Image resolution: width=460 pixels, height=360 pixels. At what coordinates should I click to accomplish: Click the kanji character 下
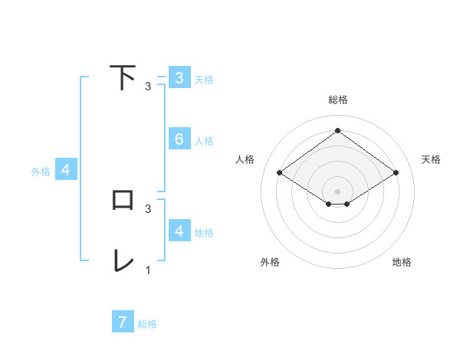(x=123, y=77)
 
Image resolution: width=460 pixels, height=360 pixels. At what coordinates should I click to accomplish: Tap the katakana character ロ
(x=123, y=200)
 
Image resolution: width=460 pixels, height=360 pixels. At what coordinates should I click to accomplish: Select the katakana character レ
(x=123, y=260)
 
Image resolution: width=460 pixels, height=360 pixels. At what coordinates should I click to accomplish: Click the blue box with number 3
(x=179, y=77)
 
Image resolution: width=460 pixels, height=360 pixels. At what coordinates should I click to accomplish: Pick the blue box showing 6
(x=179, y=139)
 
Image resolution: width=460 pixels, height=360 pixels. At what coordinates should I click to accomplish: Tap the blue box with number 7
(x=123, y=322)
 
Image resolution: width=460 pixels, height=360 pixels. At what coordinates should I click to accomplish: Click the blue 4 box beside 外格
(x=66, y=170)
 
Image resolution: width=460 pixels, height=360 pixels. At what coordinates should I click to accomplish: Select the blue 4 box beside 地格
(x=179, y=231)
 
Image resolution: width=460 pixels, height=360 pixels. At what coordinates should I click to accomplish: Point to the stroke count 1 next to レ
(x=148, y=270)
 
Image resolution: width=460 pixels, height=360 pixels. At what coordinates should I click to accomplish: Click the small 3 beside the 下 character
(x=148, y=87)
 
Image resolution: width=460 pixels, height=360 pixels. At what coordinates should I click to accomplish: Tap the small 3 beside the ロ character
(x=148, y=208)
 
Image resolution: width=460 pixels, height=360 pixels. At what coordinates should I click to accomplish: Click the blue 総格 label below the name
(x=147, y=324)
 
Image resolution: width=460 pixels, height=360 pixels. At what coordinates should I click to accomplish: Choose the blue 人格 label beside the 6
(x=204, y=141)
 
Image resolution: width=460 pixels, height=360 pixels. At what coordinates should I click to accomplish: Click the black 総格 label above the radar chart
(x=337, y=100)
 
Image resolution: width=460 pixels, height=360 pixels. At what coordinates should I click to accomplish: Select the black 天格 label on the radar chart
(x=431, y=159)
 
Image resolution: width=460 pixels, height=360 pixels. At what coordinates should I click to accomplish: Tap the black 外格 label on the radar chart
(x=270, y=262)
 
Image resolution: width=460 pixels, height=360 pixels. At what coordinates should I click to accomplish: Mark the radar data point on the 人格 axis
(x=280, y=173)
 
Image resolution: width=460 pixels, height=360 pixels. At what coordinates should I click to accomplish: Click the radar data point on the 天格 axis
(x=396, y=173)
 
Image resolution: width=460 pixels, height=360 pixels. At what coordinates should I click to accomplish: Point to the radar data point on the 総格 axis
(x=337, y=131)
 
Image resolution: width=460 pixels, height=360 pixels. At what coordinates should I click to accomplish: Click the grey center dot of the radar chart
(x=337, y=191)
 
